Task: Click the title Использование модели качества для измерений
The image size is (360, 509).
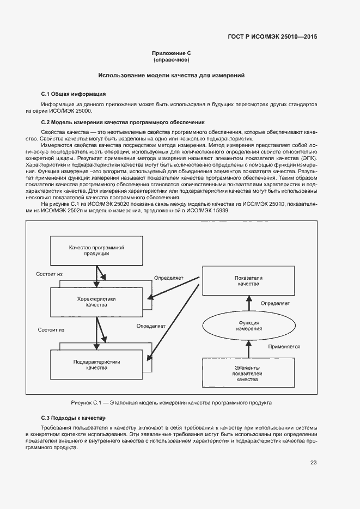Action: (x=171, y=75)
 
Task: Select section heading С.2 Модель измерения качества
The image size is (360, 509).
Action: (x=123, y=122)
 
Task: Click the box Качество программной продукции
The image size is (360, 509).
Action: (x=96, y=250)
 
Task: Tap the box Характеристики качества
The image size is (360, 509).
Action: (x=96, y=302)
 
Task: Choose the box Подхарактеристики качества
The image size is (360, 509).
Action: (x=96, y=365)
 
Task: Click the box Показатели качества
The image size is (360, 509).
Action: (x=248, y=280)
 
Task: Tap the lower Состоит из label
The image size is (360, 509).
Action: (x=51, y=330)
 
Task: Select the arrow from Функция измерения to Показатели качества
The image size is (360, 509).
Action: (x=248, y=304)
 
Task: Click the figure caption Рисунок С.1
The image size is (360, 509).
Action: (x=171, y=402)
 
